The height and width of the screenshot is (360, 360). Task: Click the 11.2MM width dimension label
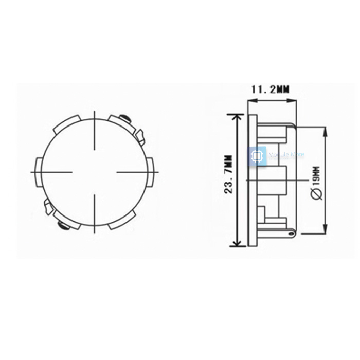(x=269, y=89)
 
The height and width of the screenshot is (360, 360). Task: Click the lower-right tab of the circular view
(x=124, y=221)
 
